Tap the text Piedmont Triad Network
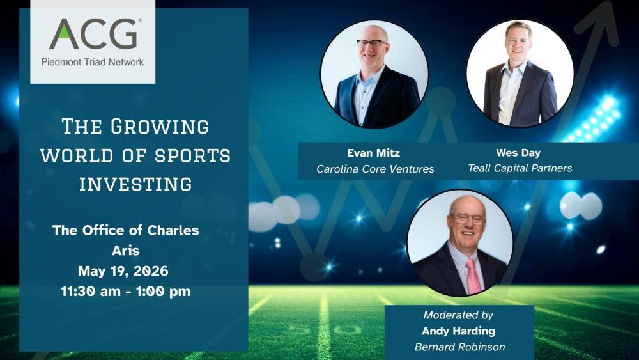click(93, 62)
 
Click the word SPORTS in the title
click(198, 155)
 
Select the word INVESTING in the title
click(135, 184)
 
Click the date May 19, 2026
click(123, 270)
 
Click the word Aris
click(125, 251)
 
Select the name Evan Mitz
click(373, 153)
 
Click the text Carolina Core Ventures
click(375, 169)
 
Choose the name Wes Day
click(518, 153)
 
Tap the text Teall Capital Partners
click(520, 168)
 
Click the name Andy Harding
click(458, 331)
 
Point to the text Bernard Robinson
click(458, 347)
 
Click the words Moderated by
click(458, 315)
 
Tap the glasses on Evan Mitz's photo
click(372, 43)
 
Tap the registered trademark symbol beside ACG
click(140, 21)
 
